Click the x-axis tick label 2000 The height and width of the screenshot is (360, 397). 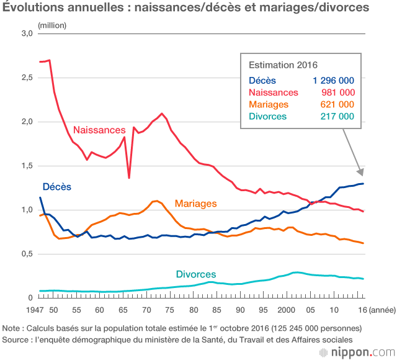point(287,309)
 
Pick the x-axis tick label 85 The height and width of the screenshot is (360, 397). point(216,309)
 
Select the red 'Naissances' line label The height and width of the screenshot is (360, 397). point(99,130)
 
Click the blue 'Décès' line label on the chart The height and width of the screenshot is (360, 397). point(56,186)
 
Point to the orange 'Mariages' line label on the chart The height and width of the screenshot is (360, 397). point(195,203)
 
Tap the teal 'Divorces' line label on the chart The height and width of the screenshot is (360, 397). point(195,274)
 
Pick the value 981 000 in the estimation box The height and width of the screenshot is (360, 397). point(337,92)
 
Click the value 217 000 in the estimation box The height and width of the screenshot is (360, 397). point(337,116)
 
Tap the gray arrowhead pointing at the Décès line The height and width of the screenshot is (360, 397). point(360,171)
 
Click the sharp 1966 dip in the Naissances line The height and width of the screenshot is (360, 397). point(129,178)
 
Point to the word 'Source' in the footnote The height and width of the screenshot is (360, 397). point(17,339)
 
